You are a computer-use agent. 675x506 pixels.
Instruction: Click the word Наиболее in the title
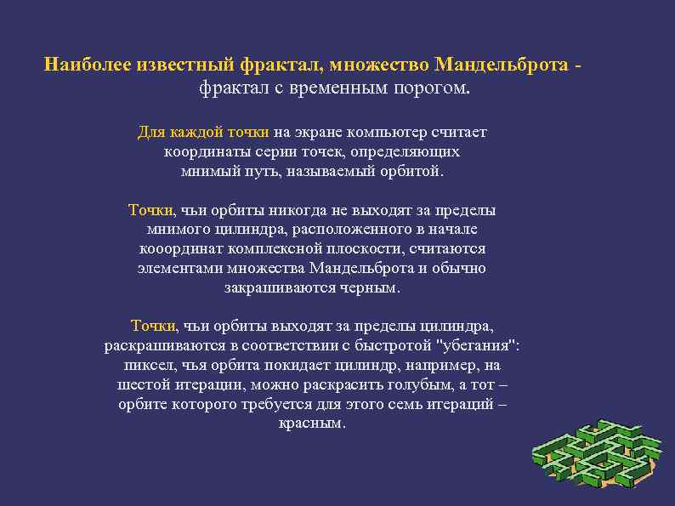point(82,65)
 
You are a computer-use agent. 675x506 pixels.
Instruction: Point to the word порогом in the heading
point(432,88)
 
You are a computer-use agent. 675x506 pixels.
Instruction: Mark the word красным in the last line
point(311,423)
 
